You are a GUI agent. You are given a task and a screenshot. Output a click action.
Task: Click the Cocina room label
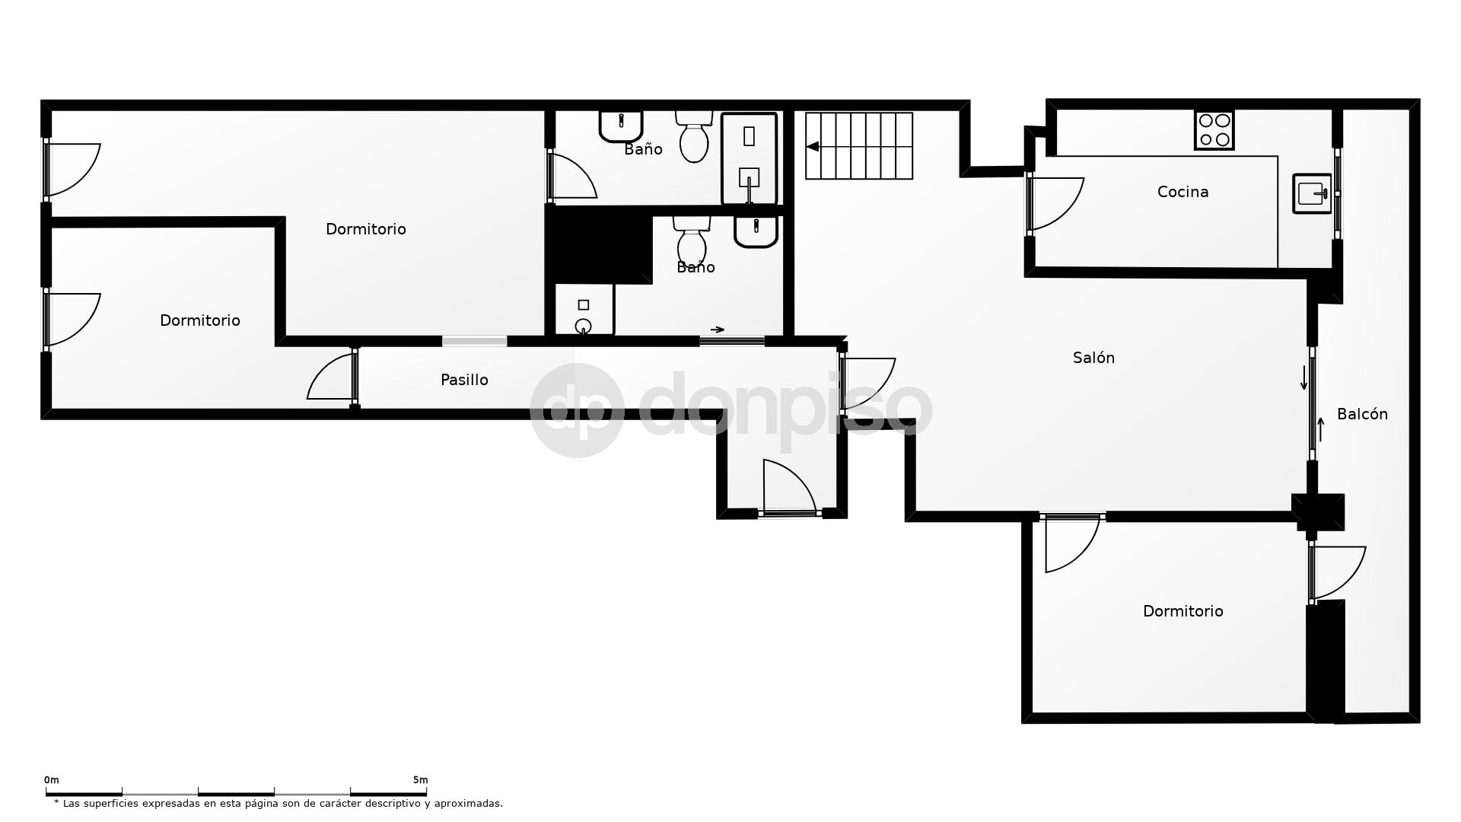[1182, 192]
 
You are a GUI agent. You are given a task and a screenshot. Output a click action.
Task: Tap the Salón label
[1093, 358]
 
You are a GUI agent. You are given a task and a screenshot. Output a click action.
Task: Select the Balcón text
[1362, 414]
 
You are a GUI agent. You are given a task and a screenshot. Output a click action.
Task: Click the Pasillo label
[464, 380]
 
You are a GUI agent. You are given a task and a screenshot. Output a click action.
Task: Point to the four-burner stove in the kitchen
[1214, 130]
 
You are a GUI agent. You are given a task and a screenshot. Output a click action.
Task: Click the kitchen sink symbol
[1312, 193]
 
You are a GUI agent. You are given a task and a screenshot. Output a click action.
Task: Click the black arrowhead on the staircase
[813, 147]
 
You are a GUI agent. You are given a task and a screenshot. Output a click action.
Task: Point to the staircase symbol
[859, 146]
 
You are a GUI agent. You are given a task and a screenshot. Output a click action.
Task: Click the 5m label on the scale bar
[420, 780]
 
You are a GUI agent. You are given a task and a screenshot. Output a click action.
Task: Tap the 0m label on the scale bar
[51, 780]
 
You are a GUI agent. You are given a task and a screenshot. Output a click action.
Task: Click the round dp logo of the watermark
[576, 411]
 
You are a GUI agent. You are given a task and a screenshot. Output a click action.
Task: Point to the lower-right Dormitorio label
[1182, 611]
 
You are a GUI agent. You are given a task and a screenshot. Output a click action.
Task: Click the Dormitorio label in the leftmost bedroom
[199, 320]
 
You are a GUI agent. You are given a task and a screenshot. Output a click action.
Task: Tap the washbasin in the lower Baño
[756, 231]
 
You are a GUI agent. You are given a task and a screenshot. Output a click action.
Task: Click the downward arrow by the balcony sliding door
[1303, 378]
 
